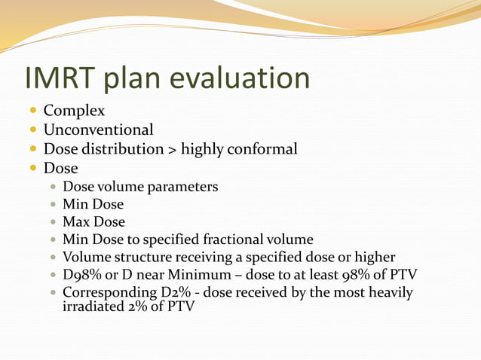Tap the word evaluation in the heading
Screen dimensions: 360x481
(244, 79)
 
